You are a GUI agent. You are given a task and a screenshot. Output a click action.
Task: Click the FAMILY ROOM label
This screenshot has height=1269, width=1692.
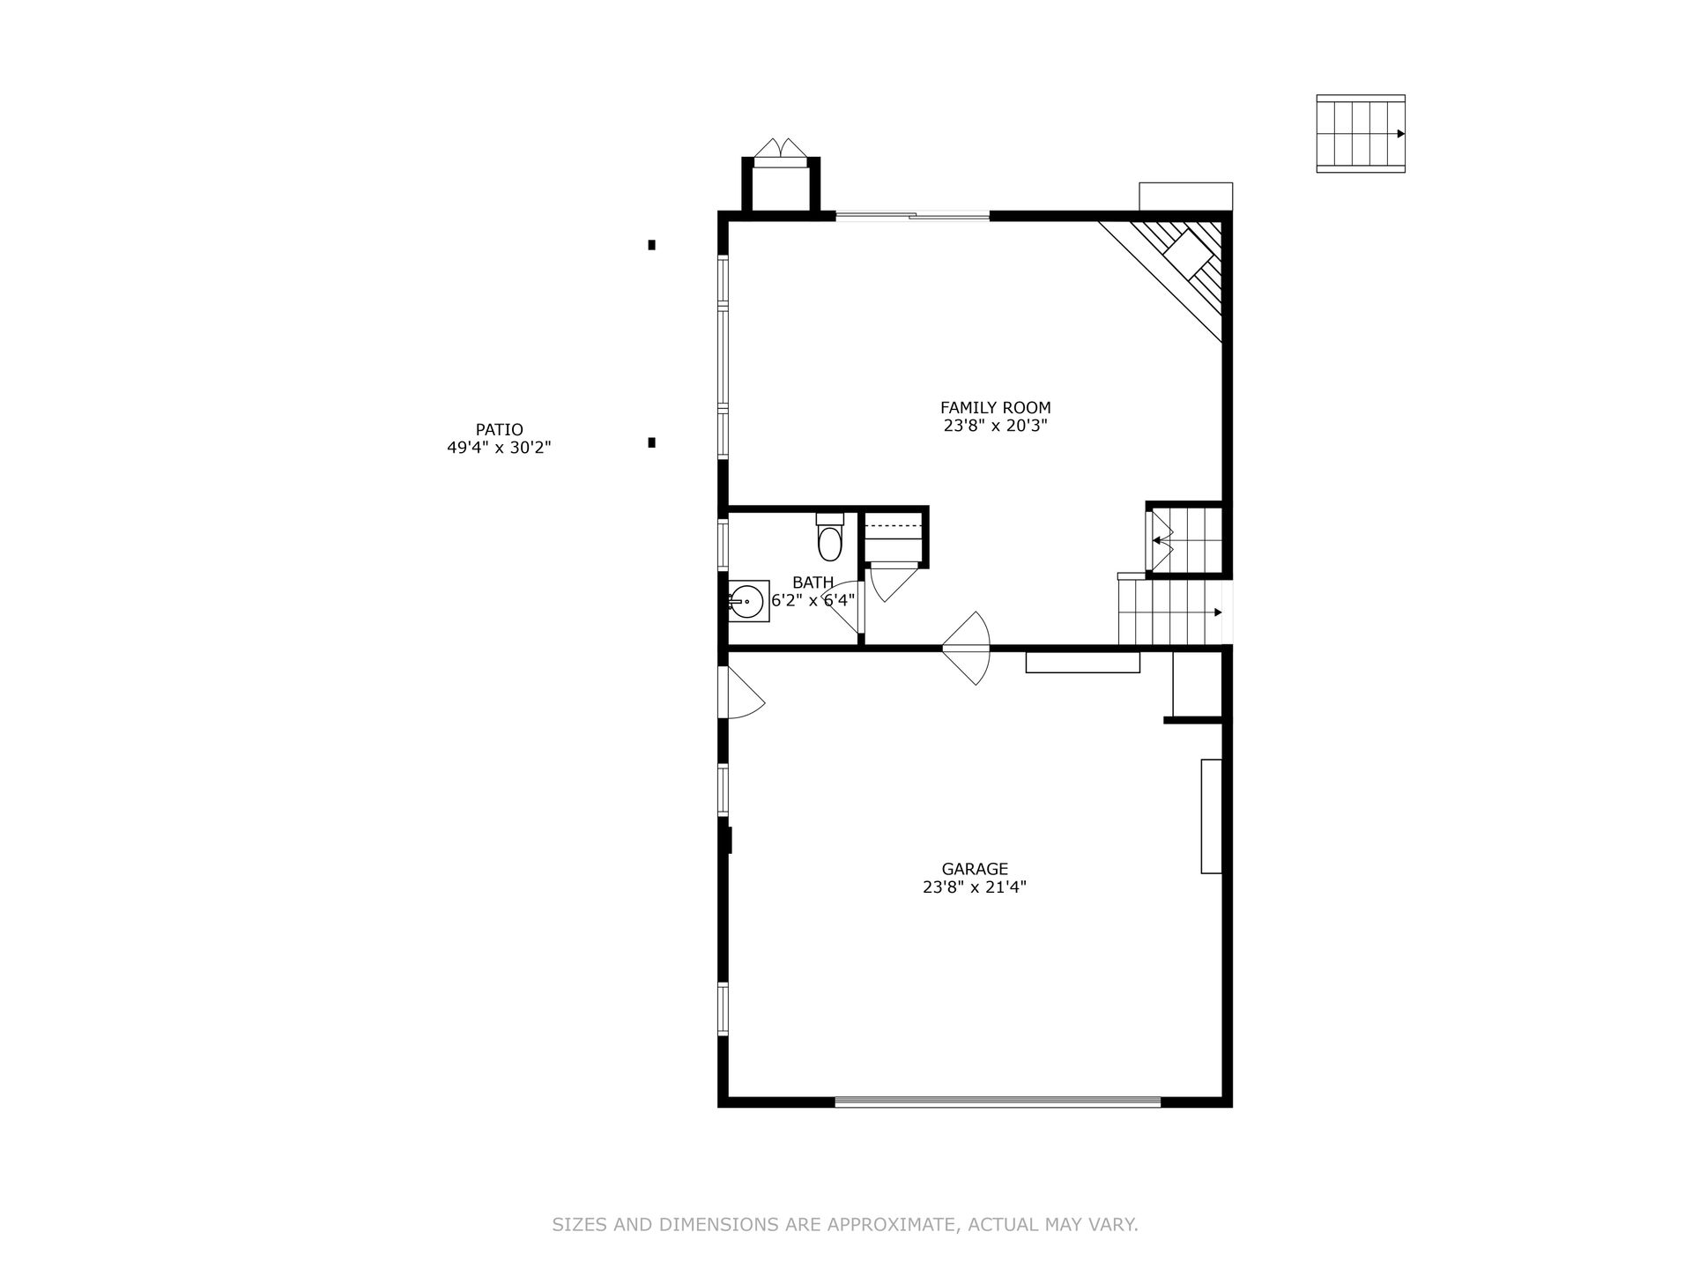995,408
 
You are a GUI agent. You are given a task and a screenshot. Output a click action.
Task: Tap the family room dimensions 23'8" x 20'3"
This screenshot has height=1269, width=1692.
995,426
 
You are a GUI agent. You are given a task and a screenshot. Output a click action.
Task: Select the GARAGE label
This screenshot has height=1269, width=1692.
974,869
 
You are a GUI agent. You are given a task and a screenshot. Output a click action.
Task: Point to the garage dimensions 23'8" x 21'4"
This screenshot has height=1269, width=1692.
974,887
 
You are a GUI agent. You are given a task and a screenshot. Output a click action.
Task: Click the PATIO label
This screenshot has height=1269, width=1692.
500,430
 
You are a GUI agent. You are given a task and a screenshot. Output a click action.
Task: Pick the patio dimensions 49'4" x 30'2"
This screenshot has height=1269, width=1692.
500,448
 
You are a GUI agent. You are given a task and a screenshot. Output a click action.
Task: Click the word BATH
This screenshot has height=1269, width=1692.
813,583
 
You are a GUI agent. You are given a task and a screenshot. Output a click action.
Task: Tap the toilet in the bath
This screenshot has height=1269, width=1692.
830,538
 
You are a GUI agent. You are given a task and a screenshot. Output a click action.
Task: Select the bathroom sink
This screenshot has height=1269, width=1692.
747,601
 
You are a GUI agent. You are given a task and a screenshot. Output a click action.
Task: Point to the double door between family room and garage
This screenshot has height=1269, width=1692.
967,649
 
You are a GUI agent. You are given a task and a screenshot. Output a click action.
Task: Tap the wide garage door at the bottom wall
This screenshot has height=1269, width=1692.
998,1101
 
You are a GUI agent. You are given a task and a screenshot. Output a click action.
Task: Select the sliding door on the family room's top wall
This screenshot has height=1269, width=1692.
912,214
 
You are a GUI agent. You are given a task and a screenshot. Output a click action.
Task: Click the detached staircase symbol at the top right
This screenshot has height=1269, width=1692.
1361,134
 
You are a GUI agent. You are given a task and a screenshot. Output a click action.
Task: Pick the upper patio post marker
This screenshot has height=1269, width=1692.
651,245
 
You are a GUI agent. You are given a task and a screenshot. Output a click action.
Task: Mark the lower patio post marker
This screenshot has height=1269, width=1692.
651,442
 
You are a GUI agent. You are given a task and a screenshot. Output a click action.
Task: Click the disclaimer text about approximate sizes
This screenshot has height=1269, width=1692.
845,1224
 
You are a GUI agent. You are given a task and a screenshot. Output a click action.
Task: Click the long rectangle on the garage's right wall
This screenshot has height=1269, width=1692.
1211,816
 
